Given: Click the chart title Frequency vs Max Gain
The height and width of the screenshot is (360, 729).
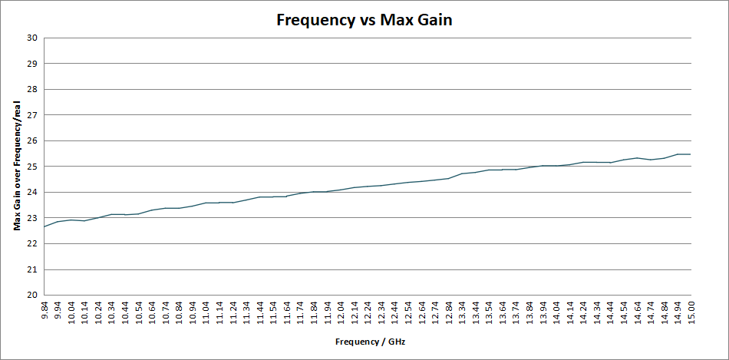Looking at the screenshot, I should coord(364,20).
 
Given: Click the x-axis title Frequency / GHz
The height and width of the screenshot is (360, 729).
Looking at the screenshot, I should coord(369,340).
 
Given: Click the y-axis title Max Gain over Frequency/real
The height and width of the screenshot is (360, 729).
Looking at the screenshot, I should coord(16,166).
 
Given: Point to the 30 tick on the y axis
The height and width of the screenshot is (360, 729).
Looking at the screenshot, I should coord(32,38).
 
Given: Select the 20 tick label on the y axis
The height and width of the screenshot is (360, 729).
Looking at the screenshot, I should coord(32,295).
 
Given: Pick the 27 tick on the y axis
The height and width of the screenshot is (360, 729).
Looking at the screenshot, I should coord(32,115).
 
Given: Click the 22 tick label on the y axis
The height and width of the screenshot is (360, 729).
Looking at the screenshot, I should coord(32,243).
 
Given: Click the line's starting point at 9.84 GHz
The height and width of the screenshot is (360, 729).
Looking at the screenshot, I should coord(45,226).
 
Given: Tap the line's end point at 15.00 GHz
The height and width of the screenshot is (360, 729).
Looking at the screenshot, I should coord(691,154).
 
